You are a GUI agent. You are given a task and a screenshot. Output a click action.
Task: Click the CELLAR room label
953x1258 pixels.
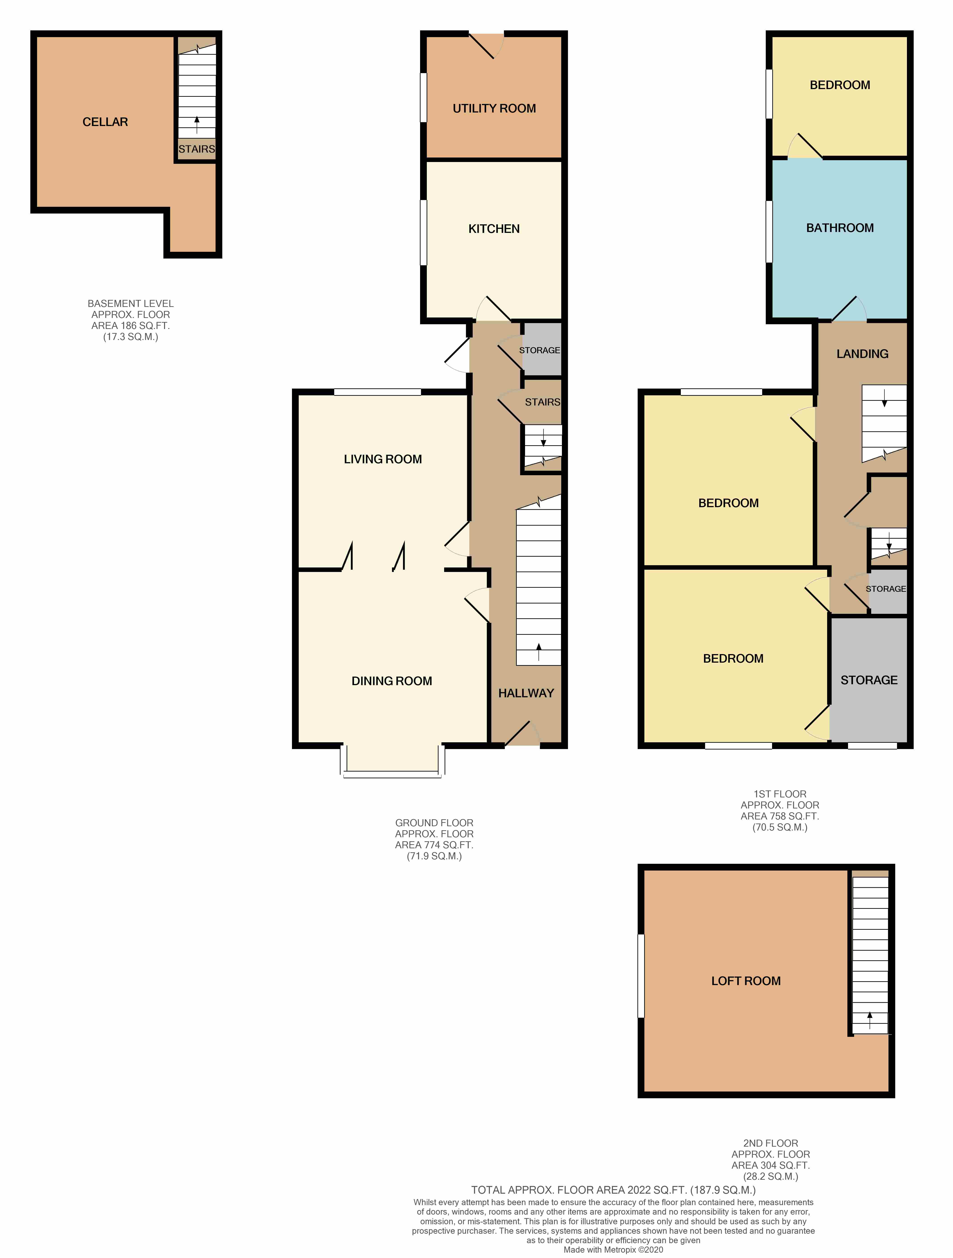(x=105, y=122)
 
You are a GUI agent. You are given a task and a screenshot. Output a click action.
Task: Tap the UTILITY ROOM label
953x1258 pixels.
(x=494, y=108)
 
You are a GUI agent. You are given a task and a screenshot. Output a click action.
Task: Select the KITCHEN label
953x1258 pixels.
(x=494, y=229)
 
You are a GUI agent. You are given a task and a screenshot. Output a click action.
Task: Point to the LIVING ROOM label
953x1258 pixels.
(x=383, y=459)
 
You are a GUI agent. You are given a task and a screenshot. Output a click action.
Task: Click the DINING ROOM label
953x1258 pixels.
(x=392, y=681)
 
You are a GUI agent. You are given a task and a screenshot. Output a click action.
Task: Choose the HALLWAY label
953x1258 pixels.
(x=526, y=693)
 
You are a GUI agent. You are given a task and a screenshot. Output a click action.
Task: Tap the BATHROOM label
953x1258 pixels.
(x=839, y=227)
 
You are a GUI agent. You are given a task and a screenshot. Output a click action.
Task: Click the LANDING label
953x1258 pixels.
(x=862, y=354)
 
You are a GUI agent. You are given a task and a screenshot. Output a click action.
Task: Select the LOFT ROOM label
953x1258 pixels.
(x=746, y=981)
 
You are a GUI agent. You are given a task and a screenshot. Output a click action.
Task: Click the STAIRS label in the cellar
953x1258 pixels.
(x=197, y=149)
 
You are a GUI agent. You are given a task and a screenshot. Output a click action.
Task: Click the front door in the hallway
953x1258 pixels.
(x=522, y=734)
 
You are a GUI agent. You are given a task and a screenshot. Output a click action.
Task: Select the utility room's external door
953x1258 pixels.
(x=486, y=45)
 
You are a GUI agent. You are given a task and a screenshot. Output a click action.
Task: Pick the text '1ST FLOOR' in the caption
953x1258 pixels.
(x=780, y=794)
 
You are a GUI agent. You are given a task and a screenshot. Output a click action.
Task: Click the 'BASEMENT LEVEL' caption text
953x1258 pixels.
(x=131, y=304)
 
